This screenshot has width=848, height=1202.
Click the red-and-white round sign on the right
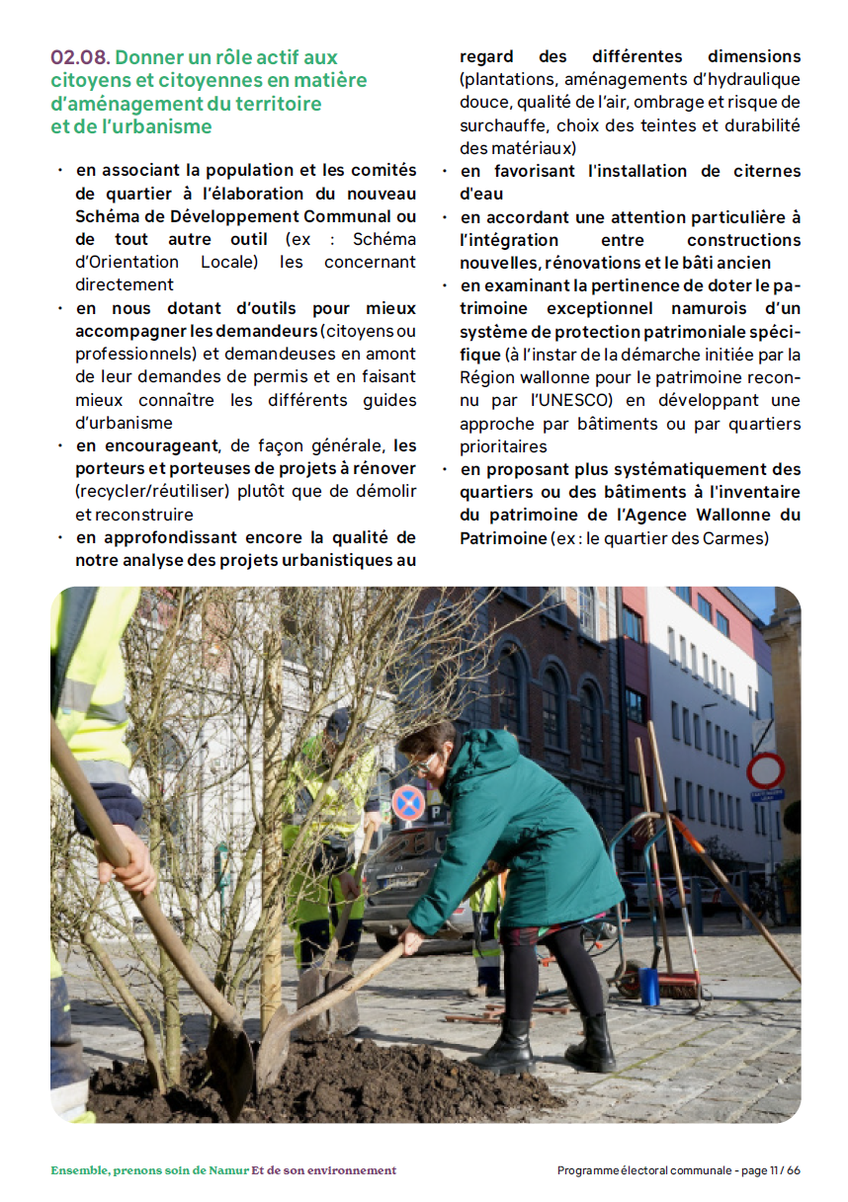pos(765,770)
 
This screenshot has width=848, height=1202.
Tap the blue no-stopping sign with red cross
pos(407,803)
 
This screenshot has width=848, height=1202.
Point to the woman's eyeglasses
pos(423,762)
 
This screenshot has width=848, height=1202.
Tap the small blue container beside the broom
pos(648,986)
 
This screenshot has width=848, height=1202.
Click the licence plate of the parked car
pos(401,881)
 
